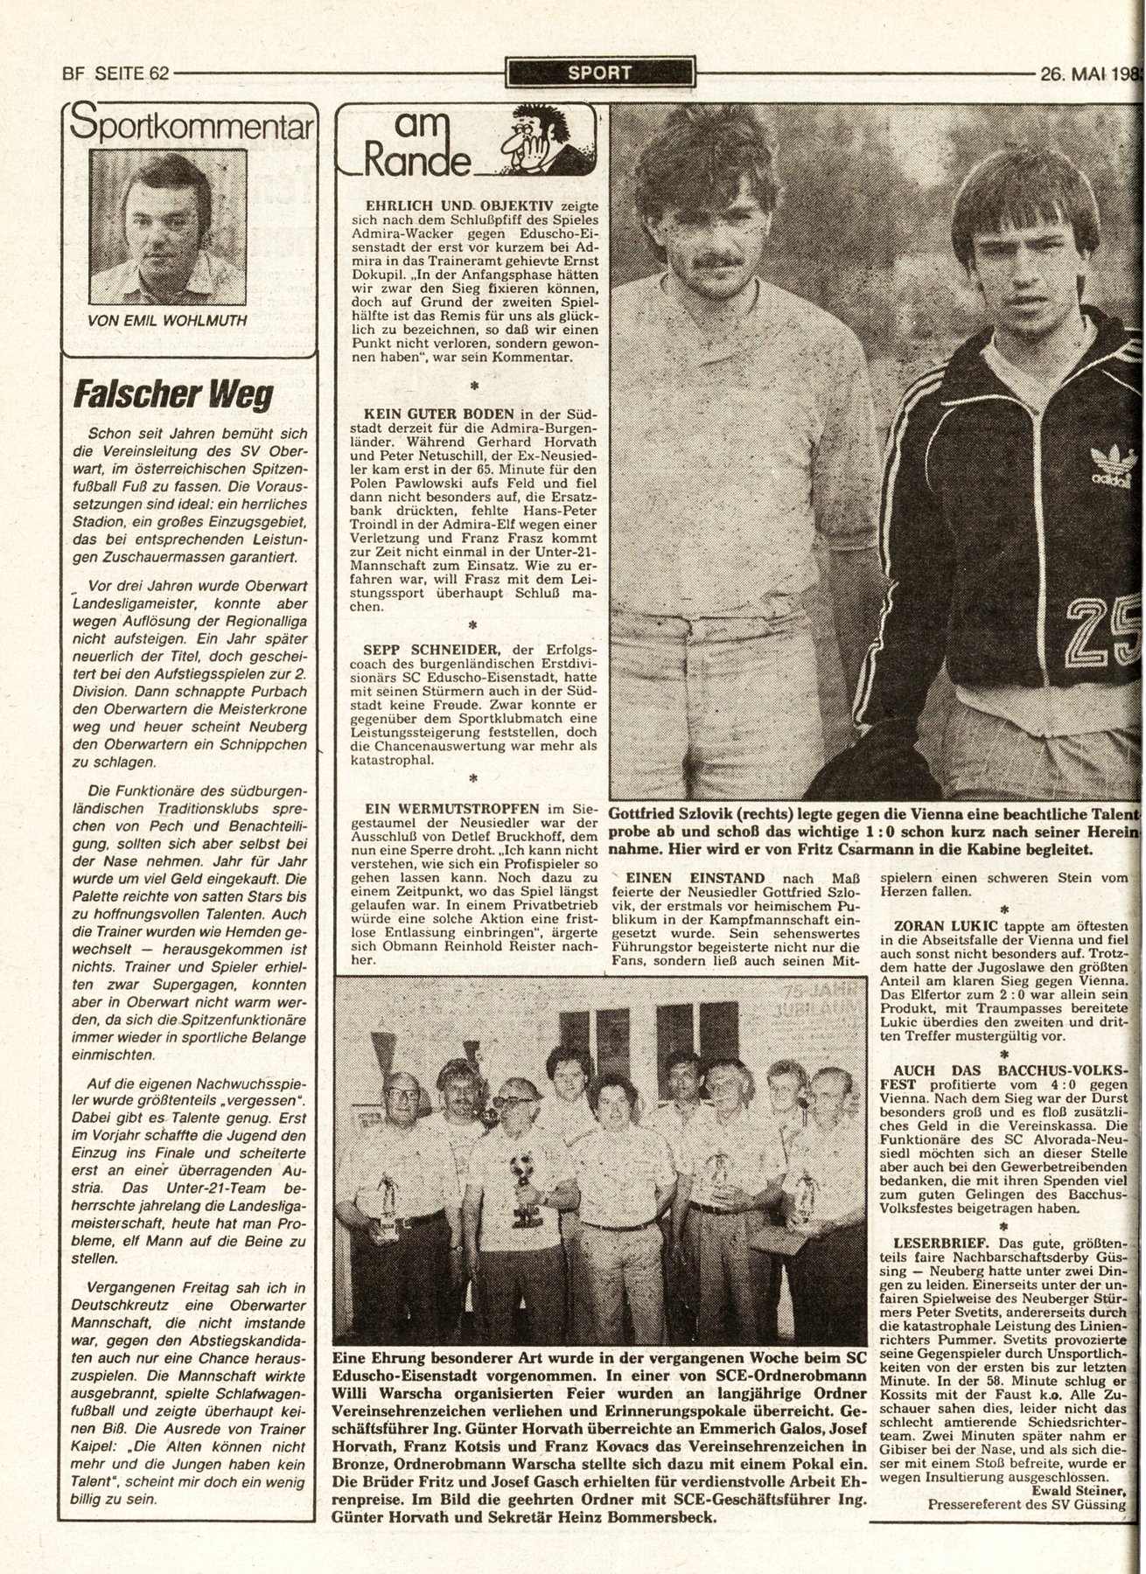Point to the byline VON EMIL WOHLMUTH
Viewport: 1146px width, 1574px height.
point(167,320)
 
